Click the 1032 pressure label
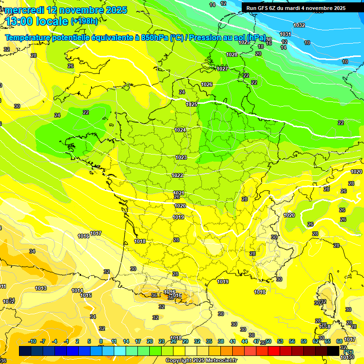[x=299, y=25]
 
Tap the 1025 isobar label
[x=191, y=104]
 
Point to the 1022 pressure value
[x=177, y=175]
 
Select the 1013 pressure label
[x=41, y=288]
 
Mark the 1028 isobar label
[x=231, y=55]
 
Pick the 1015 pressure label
[x=86, y=295]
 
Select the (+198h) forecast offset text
[x=84, y=21]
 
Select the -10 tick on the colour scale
[x=32, y=341]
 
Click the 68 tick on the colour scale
[x=339, y=341]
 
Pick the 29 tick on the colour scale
[x=185, y=341]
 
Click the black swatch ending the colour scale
[x=333, y=351]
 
